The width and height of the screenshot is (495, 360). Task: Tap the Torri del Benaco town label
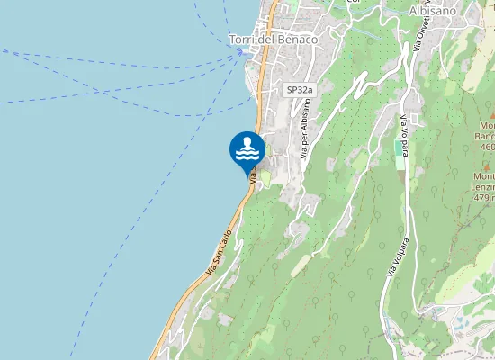point(274,40)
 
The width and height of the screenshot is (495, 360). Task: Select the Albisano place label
point(432,11)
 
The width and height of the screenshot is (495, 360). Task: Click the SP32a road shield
point(300,90)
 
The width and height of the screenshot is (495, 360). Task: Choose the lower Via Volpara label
point(391,256)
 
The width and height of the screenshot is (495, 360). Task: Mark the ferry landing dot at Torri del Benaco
point(240,51)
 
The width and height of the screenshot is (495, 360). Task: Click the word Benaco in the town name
point(298,40)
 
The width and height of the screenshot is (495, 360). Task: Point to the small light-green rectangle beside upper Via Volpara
point(399,152)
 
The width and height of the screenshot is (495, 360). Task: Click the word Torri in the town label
point(242,40)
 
